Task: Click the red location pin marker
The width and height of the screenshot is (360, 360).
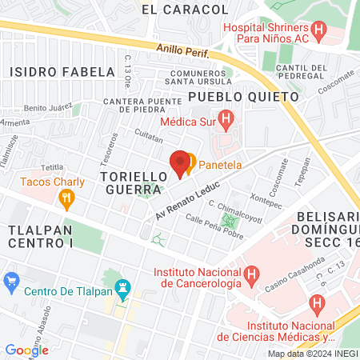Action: tap(181, 162)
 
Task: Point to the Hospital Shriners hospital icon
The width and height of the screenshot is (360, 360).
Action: tap(320, 33)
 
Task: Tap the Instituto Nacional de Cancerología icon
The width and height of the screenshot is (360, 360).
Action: tap(251, 278)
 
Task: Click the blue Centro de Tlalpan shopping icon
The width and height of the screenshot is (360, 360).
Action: tap(11, 282)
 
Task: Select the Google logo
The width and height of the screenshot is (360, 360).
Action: tap(27, 350)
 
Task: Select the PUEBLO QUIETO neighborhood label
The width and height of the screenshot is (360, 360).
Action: tap(243, 96)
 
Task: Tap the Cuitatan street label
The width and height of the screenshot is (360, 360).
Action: tap(150, 137)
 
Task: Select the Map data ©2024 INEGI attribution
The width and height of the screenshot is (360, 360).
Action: tap(312, 353)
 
